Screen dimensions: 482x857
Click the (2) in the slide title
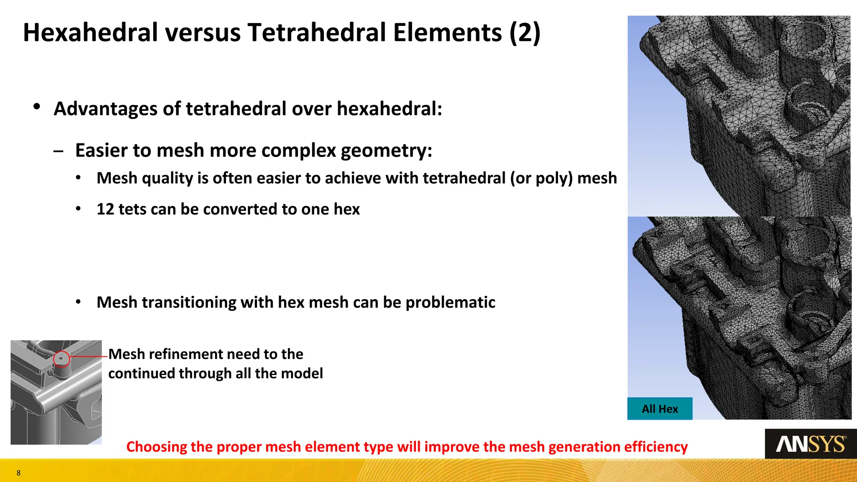tap(525, 33)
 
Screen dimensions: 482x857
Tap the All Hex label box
tap(659, 409)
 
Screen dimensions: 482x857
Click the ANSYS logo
tap(811, 444)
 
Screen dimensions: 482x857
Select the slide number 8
tap(18, 473)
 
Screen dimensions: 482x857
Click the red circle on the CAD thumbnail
tap(62, 359)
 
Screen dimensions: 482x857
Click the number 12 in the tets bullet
tap(105, 209)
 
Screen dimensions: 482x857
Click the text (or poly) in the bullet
tap(541, 178)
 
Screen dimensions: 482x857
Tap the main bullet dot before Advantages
tap(37, 107)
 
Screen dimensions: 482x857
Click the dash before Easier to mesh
tap(59, 151)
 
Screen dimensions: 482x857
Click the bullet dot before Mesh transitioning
tap(78, 302)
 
